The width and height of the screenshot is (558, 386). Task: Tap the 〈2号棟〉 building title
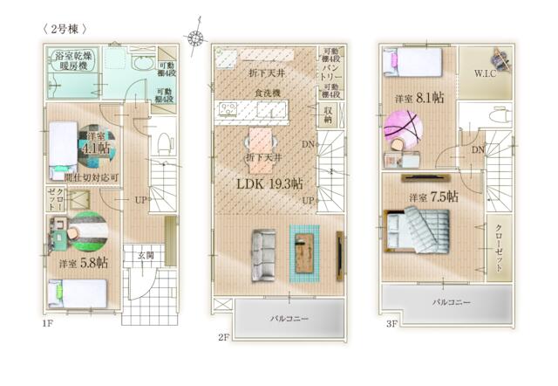pyautogui.click(x=65, y=28)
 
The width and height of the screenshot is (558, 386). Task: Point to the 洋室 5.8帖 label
pyautogui.click(x=84, y=262)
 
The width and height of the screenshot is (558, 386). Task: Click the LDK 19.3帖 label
pyautogui.click(x=270, y=184)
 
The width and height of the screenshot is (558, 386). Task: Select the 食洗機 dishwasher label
pyautogui.click(x=267, y=93)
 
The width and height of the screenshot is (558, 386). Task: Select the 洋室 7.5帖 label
pyautogui.click(x=433, y=197)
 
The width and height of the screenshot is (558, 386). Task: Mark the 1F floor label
pyautogui.click(x=47, y=324)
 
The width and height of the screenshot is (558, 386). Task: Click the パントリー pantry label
pyautogui.click(x=331, y=71)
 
